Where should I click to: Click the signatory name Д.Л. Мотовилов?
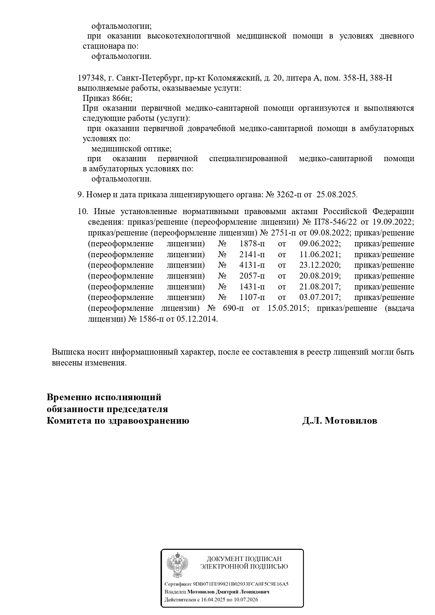pos(340,421)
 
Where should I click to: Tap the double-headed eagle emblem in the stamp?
pos(177,565)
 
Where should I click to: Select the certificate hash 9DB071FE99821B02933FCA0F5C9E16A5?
pos(240,584)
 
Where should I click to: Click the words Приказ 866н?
pos(107,98)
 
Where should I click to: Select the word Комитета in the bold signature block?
pos(68,421)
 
